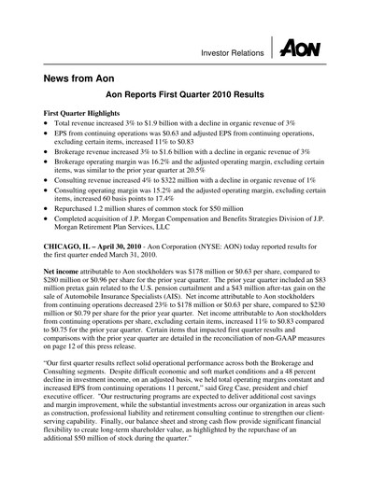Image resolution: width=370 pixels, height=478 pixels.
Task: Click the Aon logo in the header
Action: point(300,48)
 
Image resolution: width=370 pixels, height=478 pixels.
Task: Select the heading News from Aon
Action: point(82,82)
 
